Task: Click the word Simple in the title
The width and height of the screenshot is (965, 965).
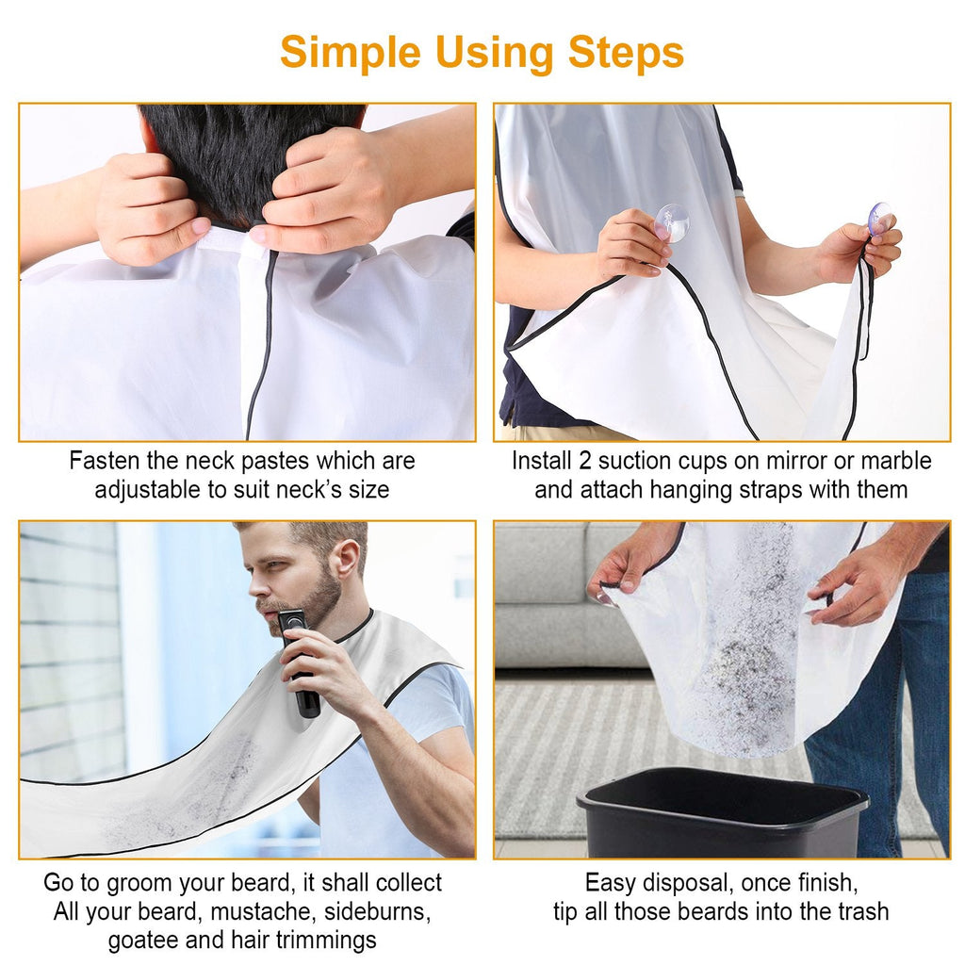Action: coord(351,54)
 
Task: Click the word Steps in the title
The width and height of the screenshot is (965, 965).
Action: coord(626,53)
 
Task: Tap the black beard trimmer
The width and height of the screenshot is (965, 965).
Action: coord(299,662)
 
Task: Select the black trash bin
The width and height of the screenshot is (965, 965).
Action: coord(722,811)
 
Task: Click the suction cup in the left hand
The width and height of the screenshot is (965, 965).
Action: coord(671,222)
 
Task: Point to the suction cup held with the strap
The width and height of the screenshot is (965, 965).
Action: coord(880,218)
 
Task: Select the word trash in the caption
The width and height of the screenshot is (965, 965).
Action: coord(861,911)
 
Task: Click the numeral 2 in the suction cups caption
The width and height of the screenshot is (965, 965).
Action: coord(584,461)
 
